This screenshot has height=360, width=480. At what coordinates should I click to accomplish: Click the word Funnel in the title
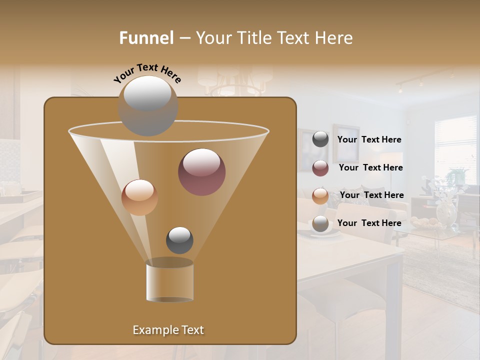click(x=146, y=38)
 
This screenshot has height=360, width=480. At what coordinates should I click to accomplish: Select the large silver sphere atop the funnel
click(x=147, y=106)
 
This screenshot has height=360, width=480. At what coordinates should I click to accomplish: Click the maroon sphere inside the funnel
click(x=201, y=172)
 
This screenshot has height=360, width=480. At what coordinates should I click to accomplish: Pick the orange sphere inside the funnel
click(x=139, y=197)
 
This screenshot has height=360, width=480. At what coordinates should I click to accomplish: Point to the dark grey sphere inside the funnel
click(x=179, y=240)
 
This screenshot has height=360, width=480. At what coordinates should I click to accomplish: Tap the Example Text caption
click(x=168, y=330)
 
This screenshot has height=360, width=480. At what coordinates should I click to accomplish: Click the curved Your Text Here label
click(x=147, y=73)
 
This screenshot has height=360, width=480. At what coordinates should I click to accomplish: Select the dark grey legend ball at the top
click(x=320, y=139)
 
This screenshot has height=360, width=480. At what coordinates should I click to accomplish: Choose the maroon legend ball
click(x=320, y=168)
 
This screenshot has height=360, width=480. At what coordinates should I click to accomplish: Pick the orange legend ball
click(x=320, y=195)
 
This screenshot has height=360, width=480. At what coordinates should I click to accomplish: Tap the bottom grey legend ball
click(x=320, y=223)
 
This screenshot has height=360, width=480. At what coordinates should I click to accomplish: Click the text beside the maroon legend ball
click(x=370, y=167)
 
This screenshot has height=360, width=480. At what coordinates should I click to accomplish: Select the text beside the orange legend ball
click(x=371, y=195)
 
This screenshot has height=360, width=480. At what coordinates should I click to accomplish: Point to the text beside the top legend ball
click(x=369, y=139)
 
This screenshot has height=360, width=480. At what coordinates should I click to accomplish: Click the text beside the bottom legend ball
click(x=369, y=223)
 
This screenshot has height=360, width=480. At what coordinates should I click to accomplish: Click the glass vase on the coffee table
click(x=446, y=212)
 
